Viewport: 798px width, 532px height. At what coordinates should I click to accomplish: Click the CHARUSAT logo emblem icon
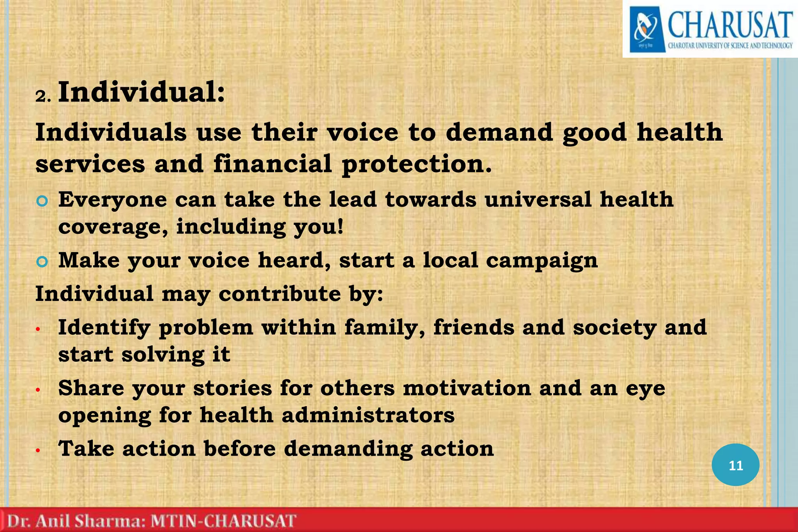tap(646, 30)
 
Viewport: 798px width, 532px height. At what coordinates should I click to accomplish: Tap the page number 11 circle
tap(735, 465)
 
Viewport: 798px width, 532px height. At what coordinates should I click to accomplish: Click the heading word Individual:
tap(141, 92)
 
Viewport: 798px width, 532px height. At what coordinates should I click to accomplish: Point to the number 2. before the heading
tap(43, 96)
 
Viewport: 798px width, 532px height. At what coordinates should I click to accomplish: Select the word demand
tap(499, 133)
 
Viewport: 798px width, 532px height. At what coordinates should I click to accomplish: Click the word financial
tap(273, 164)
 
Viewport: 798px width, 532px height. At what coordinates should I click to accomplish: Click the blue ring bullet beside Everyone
tap(42, 201)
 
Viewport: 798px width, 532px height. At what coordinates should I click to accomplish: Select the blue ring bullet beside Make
tap(42, 262)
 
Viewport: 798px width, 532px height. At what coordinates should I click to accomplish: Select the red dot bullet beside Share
tap(38, 390)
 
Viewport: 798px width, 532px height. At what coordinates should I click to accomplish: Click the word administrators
tap(368, 415)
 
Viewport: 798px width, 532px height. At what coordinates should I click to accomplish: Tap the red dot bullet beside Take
tap(38, 451)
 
